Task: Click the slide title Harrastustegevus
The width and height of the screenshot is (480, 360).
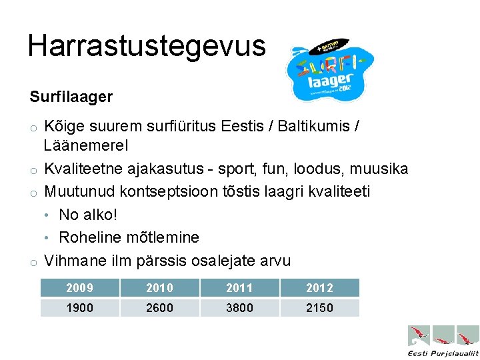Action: [x=147, y=45]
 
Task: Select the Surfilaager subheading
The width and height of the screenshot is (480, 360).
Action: [x=71, y=97]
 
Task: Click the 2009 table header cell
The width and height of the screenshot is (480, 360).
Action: [x=80, y=288]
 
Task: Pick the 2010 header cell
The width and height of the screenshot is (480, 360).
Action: [x=160, y=288]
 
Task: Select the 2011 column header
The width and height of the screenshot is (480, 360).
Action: [x=239, y=288]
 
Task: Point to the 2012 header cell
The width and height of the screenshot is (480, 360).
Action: [x=319, y=288]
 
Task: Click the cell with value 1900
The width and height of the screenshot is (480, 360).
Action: [x=80, y=308]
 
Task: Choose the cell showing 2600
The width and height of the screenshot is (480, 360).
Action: [x=160, y=308]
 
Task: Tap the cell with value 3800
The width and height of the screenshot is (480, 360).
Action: [x=239, y=308]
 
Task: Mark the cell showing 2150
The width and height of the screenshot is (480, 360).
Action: [x=319, y=308]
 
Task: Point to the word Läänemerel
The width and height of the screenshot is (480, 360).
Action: [x=86, y=145]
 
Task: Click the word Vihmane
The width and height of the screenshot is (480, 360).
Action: [x=74, y=260]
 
